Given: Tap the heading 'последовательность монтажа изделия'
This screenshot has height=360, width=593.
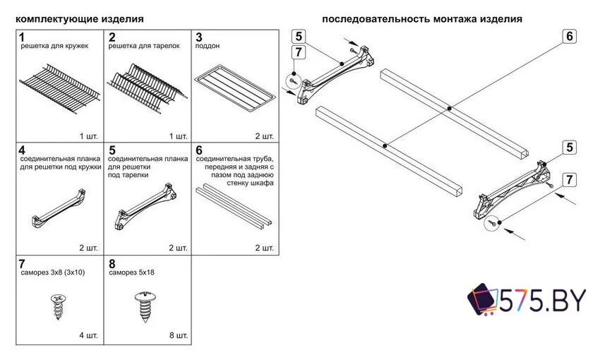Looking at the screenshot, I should [422, 19].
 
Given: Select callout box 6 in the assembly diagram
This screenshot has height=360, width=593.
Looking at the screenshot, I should [570, 36].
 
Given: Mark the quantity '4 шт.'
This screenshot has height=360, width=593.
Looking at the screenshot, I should [89, 335].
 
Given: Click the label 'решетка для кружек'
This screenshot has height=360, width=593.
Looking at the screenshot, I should [54, 46].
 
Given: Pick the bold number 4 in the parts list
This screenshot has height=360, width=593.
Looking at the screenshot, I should [23, 150].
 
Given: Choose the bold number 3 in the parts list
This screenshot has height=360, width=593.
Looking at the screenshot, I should [199, 36].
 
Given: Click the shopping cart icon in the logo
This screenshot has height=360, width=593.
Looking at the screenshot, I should [483, 299].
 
